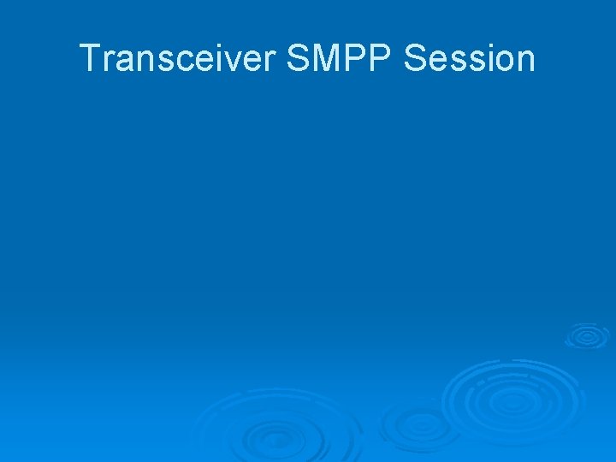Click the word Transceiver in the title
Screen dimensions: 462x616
178,59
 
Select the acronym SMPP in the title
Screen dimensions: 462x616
340,59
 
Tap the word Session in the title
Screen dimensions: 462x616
469,59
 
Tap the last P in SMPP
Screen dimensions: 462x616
382,59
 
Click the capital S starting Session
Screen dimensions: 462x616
416,59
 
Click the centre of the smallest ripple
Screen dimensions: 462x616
587,335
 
